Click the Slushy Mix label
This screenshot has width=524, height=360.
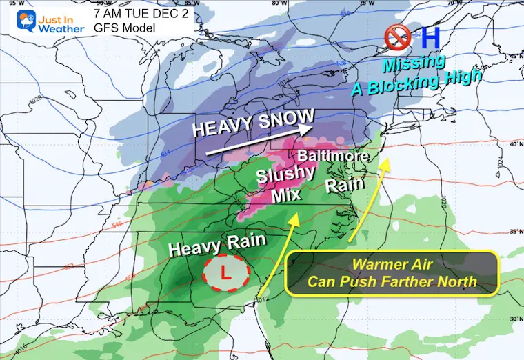281,185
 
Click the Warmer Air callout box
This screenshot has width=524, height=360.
392,272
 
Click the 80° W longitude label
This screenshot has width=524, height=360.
279,3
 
